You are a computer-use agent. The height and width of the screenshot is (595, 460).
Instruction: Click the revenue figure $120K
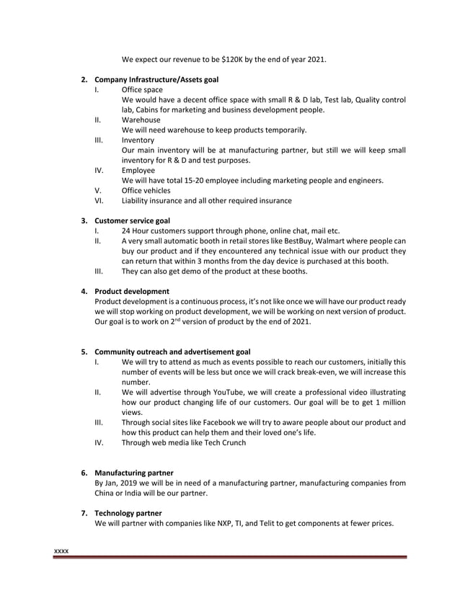(x=232, y=59)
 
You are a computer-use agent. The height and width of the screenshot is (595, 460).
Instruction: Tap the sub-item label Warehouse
(x=141, y=120)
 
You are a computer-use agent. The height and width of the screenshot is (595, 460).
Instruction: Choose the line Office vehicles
(x=146, y=190)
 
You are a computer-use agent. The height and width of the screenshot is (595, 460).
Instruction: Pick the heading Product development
(x=132, y=291)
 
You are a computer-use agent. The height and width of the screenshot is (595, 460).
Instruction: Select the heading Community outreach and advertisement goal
(x=172, y=352)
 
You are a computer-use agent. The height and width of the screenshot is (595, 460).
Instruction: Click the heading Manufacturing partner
(x=134, y=473)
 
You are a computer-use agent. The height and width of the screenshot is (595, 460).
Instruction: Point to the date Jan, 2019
(x=120, y=483)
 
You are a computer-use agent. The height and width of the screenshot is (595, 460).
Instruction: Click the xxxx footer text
(x=62, y=551)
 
